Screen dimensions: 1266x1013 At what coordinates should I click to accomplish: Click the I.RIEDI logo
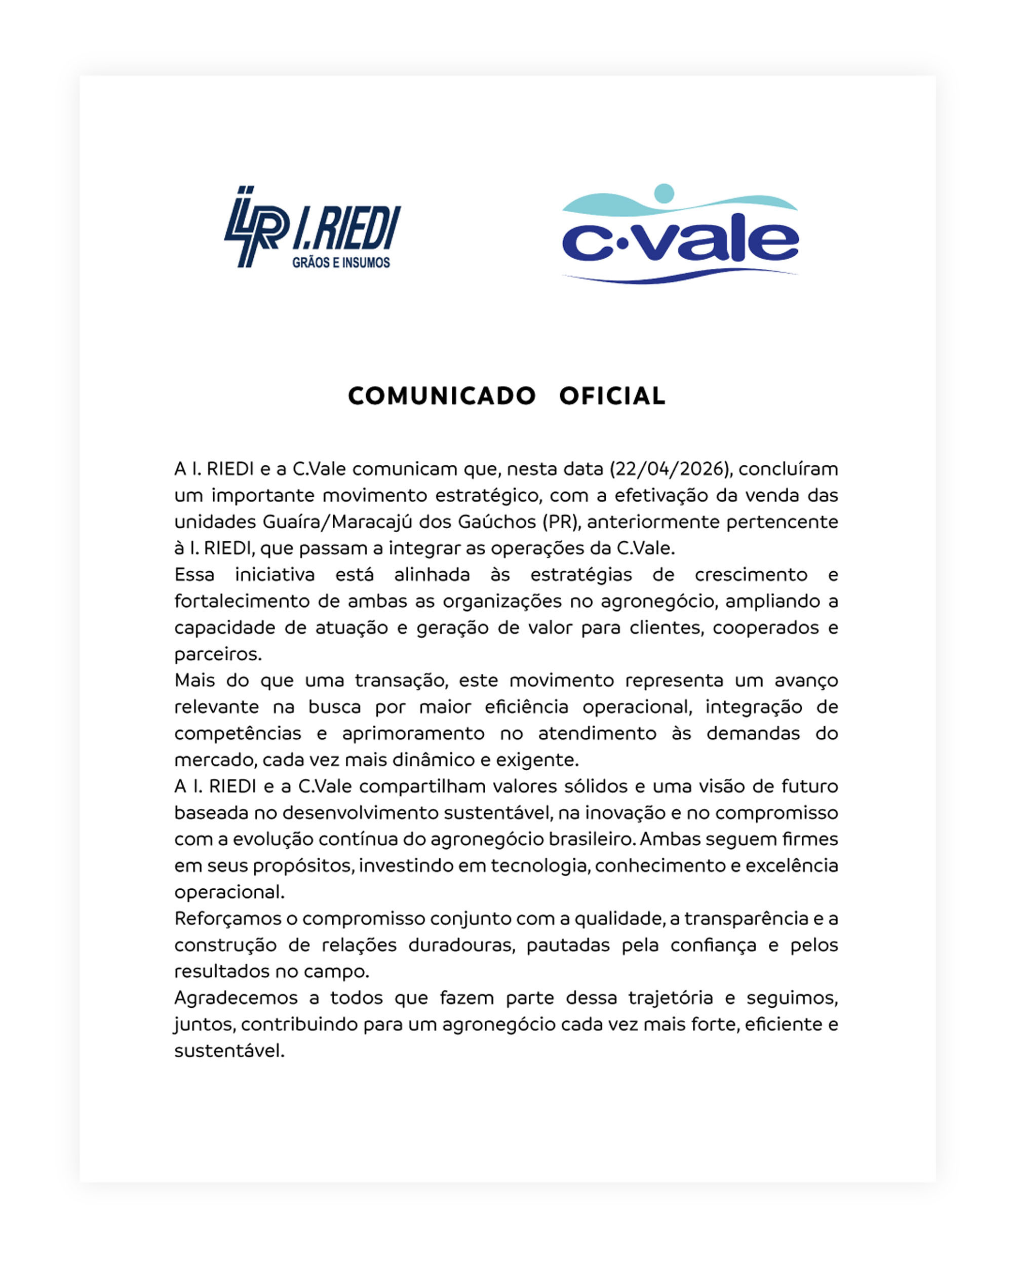click(x=313, y=228)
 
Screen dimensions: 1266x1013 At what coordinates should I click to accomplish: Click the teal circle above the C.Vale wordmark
click(x=664, y=192)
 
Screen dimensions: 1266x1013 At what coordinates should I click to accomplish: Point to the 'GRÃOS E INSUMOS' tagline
click(x=341, y=262)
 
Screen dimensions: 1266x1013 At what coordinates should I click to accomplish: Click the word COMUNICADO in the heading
click(x=442, y=397)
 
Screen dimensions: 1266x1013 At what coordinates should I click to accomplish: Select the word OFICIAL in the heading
click(x=612, y=397)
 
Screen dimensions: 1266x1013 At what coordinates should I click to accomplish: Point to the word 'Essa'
click(x=194, y=575)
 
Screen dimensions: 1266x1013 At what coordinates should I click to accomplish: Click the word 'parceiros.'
click(x=218, y=654)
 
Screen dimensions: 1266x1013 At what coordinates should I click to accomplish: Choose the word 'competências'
click(x=238, y=733)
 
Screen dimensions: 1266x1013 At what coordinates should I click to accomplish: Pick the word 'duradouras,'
click(x=461, y=945)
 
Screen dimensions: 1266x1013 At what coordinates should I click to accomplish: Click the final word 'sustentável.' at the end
click(x=229, y=1050)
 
